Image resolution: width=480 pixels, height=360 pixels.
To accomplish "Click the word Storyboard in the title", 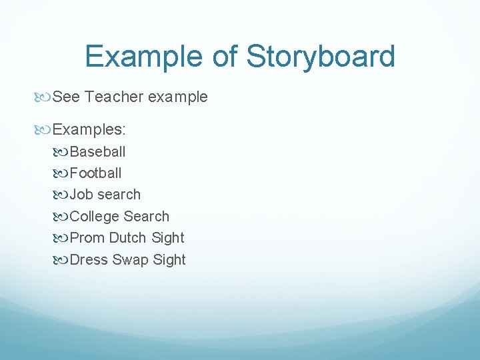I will (321, 57).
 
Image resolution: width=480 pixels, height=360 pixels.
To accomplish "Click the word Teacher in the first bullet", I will (114, 97).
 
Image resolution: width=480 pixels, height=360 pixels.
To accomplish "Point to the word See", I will (66, 97).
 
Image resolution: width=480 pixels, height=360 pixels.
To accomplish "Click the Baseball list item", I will (97, 151).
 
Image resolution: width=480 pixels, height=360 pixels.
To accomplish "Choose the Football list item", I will (95, 173).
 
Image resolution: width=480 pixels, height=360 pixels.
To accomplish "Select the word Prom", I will (87, 238).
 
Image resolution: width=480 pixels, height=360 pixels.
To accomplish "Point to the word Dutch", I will (128, 238).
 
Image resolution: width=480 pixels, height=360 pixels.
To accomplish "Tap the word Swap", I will (131, 260).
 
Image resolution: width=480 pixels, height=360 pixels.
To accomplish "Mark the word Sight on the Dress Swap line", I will (169, 260).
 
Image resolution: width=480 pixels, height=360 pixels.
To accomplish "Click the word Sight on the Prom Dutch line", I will (168, 238).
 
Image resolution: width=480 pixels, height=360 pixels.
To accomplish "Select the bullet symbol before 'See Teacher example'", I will (45, 97).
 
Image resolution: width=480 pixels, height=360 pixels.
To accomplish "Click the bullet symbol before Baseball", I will (62, 152).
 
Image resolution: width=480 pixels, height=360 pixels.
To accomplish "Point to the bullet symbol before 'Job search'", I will (62, 195).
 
